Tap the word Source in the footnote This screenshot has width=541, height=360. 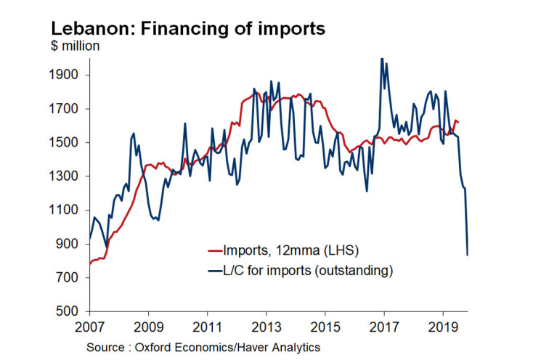[105, 348]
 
